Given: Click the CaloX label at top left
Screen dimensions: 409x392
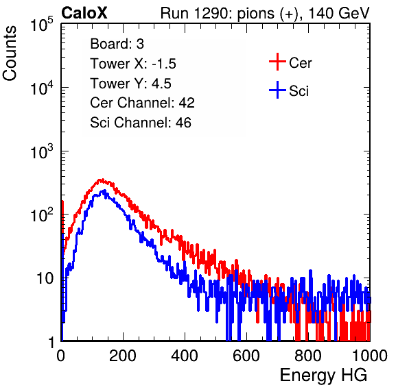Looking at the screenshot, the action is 84,13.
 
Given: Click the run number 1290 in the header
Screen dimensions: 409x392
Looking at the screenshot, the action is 211,13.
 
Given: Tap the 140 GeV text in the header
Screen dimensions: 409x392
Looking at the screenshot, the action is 339,13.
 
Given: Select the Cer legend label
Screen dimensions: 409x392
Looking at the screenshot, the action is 300,63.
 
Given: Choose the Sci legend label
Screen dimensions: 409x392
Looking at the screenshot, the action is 299,91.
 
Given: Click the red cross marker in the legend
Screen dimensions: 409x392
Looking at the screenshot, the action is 277,62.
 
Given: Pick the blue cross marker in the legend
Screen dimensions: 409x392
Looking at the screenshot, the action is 277,90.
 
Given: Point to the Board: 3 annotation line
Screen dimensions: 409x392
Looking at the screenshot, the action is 117,44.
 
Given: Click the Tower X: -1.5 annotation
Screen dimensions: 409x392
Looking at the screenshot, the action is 133,64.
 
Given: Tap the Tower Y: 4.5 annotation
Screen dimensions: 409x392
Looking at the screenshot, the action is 130,84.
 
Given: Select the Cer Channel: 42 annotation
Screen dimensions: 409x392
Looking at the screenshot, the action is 143,103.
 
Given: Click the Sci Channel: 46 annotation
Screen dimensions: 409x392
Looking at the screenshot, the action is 141,123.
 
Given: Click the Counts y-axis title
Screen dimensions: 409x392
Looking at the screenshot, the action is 10,53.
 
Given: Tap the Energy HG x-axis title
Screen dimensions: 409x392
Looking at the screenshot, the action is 323,376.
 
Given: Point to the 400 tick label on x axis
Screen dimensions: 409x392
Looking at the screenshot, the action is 185,356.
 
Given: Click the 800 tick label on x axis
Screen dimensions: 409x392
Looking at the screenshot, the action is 308,356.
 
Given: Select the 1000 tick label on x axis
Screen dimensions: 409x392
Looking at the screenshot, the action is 369,356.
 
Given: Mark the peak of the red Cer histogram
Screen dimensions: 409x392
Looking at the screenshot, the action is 102,180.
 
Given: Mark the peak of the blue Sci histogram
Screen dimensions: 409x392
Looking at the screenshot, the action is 104,191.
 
